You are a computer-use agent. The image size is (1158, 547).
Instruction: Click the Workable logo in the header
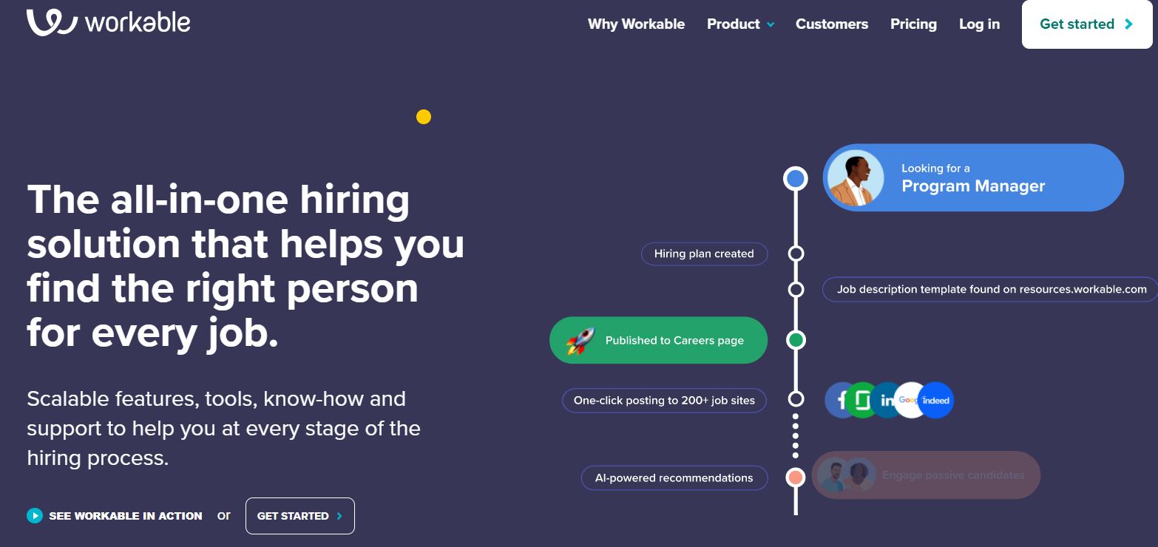[x=108, y=22]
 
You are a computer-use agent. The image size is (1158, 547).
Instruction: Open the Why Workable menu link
[x=636, y=24]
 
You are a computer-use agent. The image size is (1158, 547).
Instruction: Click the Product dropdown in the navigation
[x=740, y=24]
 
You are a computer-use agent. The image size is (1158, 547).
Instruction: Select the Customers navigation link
[x=832, y=24]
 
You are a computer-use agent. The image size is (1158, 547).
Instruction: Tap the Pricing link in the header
[x=913, y=24]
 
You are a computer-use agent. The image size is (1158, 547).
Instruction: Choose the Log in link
[x=979, y=24]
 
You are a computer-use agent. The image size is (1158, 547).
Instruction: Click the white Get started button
[x=1086, y=24]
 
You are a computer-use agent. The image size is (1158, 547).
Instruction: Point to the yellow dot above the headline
[x=424, y=117]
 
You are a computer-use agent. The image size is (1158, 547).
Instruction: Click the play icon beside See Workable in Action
[x=35, y=516]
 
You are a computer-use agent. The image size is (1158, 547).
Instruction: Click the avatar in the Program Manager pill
[x=855, y=178]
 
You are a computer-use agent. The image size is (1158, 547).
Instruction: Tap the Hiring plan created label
[x=704, y=254]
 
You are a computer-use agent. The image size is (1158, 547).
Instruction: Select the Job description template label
[x=991, y=290]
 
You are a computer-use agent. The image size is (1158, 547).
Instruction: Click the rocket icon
[x=580, y=341]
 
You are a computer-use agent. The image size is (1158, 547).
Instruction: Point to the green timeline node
[x=796, y=340]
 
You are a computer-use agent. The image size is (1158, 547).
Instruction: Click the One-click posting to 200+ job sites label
[x=664, y=401]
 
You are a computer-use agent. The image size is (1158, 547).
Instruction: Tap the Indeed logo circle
[x=936, y=401]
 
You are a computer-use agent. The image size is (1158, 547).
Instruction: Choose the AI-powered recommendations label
[x=674, y=478]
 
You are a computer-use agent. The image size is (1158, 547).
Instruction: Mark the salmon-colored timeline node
[x=796, y=478]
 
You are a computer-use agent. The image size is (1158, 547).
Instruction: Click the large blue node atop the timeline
[x=796, y=178]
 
